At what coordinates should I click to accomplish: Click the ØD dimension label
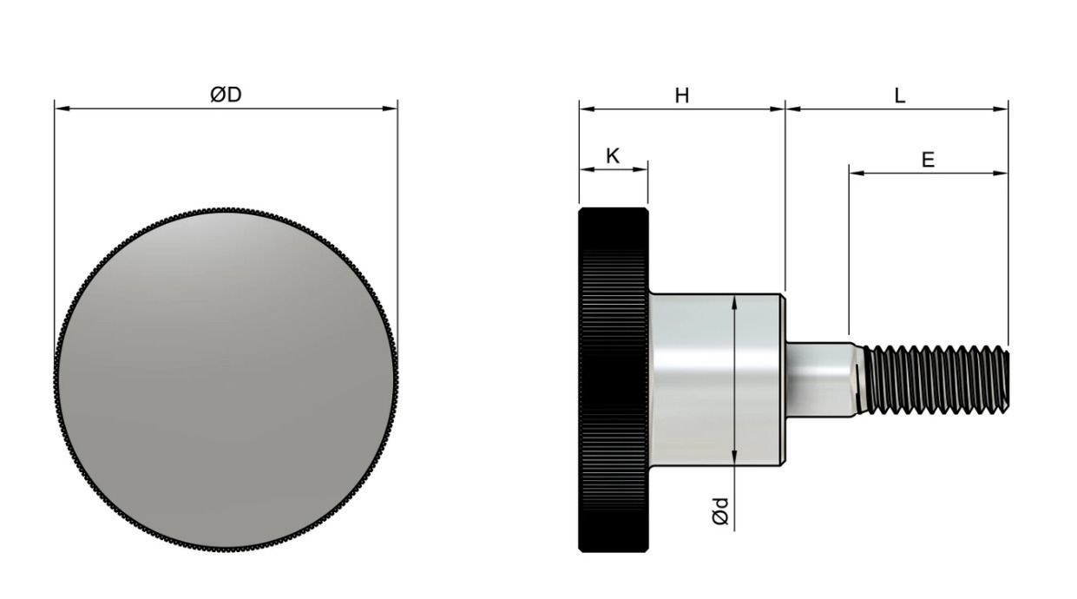click(226, 95)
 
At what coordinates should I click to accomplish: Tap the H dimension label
click(682, 95)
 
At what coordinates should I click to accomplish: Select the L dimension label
click(899, 95)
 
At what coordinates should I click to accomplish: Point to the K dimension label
click(613, 156)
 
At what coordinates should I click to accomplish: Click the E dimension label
click(928, 160)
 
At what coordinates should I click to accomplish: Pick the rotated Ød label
click(720, 510)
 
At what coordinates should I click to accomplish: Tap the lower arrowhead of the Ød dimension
click(734, 459)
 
